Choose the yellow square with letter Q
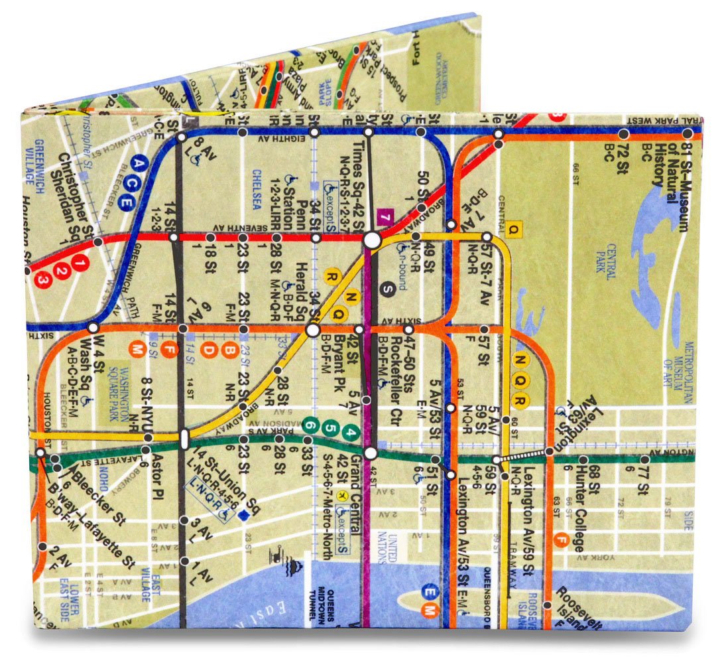512,230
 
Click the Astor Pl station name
157,475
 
